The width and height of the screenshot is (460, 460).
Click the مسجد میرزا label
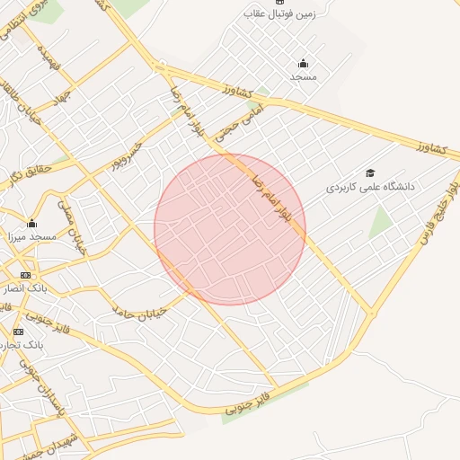point(31,235)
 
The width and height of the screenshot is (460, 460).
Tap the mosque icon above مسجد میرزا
point(32,224)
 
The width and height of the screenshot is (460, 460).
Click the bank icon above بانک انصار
point(24,275)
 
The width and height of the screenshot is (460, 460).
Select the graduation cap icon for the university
point(370,173)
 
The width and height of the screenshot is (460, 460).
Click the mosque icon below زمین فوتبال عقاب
point(302,63)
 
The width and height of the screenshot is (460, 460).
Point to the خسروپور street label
point(127,155)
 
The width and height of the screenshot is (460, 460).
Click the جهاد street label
point(61,95)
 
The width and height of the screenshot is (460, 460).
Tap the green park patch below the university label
point(381,221)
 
